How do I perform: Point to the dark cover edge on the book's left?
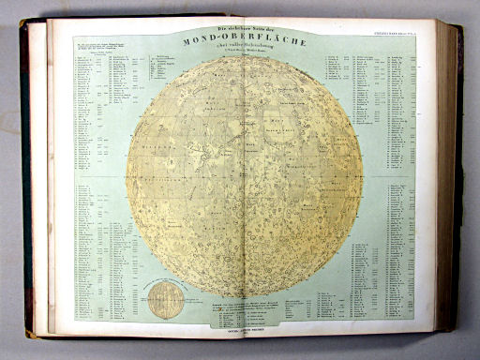27,178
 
